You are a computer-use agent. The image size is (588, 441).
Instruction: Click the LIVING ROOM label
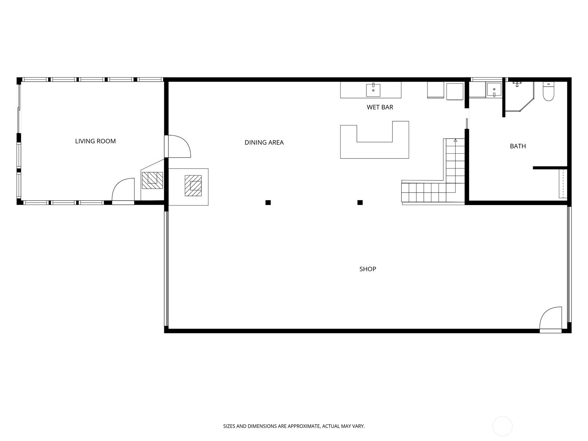click(x=95, y=141)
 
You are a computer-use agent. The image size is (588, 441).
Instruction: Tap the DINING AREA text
click(x=264, y=143)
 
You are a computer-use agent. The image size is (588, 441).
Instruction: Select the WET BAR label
click(x=380, y=107)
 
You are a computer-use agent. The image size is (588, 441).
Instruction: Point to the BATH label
click(x=518, y=146)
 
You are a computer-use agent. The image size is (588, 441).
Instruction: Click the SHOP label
click(x=368, y=269)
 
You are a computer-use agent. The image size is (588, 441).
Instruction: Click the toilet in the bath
click(x=548, y=92)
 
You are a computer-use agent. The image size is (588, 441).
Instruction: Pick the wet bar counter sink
click(x=373, y=90)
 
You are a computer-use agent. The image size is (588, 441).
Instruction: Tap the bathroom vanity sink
click(x=494, y=90)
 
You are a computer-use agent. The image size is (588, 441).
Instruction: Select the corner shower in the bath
click(x=519, y=96)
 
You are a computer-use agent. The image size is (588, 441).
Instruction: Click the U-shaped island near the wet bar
click(x=374, y=150)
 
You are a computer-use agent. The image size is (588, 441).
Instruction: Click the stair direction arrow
click(x=455, y=140)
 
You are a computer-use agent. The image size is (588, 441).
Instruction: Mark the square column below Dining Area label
click(x=268, y=202)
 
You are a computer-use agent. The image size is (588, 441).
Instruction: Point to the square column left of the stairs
click(x=360, y=202)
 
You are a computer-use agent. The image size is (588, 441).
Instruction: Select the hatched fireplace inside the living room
click(x=152, y=180)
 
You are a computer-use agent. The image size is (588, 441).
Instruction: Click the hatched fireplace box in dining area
click(x=193, y=186)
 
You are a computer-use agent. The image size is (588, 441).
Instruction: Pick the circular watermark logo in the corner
click(x=502, y=426)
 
